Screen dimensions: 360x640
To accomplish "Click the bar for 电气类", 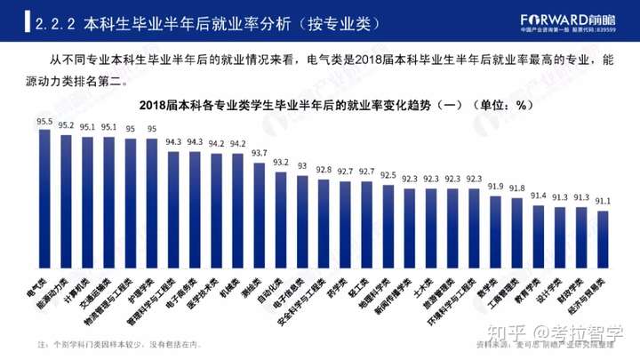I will point(44,204).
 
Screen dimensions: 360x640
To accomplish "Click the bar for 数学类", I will point(495,236).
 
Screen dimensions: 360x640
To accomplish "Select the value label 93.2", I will point(281,163).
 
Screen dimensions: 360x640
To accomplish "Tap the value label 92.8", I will point(324,169).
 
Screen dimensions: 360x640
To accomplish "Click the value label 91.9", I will point(495,187).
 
